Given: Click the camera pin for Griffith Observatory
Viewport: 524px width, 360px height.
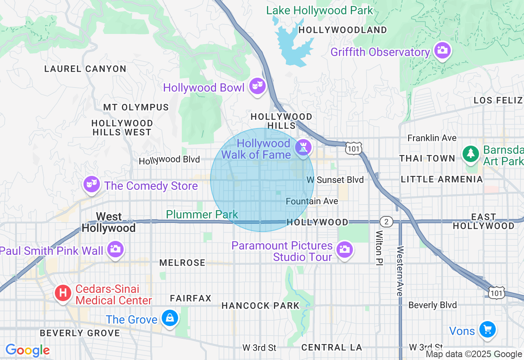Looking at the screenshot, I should coord(442,51).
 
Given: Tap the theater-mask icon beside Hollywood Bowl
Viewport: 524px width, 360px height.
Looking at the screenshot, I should coord(257,86).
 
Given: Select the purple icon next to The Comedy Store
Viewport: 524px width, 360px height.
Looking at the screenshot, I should coord(92,184).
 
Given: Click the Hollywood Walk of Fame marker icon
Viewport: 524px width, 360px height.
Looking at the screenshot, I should coord(303,147).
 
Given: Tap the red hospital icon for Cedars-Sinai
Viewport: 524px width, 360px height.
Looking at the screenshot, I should coord(63,293).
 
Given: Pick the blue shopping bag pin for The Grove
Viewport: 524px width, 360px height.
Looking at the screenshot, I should coord(169,317).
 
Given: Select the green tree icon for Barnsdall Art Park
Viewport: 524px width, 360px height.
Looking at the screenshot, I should coord(471,154).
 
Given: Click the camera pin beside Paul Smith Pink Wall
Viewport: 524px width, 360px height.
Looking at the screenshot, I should coord(115,249).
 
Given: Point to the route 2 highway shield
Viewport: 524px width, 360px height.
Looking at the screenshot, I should coord(386,222).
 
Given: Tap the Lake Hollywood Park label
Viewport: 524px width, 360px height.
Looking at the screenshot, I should coord(319,10).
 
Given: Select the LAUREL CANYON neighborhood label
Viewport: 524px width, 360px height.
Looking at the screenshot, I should coord(85,69).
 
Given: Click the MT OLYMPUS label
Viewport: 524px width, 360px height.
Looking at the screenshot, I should coord(136,107).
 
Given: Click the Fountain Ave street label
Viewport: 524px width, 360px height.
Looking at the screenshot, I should coord(312,201).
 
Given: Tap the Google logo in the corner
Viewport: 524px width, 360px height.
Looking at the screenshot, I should coord(27,351).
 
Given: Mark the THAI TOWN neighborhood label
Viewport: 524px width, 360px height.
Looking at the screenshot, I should coord(427,158).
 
